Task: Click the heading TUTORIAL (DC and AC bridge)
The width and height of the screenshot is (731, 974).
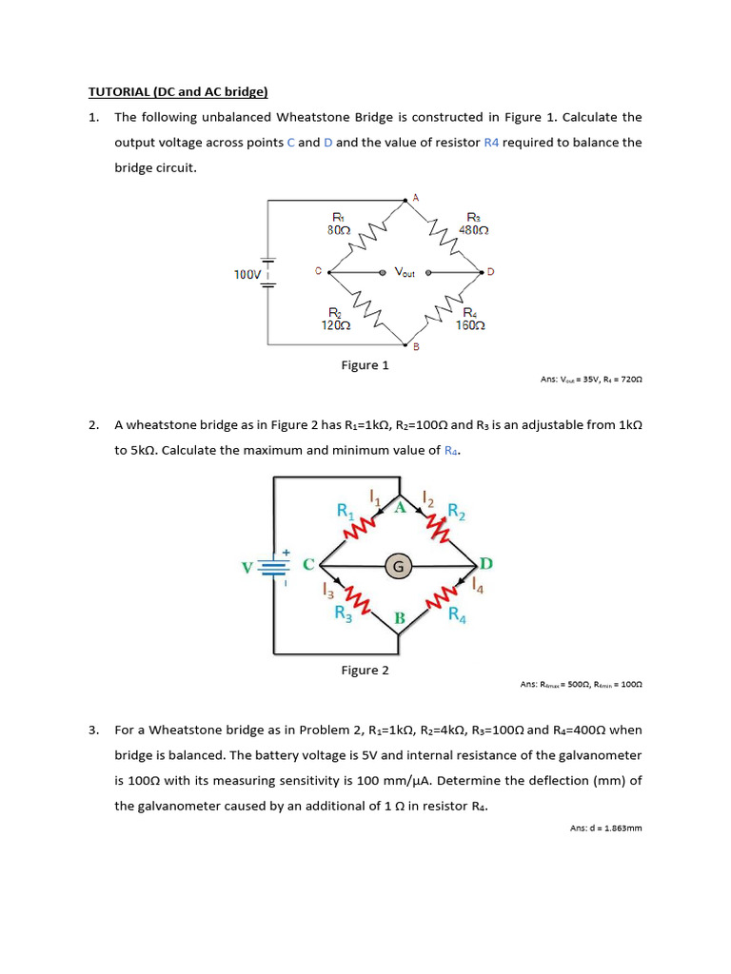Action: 178,92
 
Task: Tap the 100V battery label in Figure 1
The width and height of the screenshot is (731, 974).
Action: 247,275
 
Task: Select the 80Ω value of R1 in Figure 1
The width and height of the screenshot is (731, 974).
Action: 340,230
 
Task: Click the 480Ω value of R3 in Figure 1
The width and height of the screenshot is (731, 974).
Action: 474,230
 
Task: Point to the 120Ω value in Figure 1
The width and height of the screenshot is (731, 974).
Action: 336,325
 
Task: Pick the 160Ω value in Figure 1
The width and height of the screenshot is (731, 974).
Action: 470,325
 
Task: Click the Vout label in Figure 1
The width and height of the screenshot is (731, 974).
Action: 405,273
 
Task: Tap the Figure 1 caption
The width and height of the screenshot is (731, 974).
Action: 365,365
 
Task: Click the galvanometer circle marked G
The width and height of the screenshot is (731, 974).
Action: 398,567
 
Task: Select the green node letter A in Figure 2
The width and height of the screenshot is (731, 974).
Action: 401,508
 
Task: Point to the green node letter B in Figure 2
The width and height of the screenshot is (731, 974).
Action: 400,619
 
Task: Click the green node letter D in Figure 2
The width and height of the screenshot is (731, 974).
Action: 485,564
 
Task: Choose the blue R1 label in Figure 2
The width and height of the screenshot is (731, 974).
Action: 346,511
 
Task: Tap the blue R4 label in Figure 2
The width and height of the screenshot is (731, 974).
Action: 458,614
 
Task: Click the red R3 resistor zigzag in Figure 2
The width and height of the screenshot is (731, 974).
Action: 359,599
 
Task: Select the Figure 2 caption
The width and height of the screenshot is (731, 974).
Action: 365,671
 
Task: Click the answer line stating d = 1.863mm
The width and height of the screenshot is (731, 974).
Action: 606,828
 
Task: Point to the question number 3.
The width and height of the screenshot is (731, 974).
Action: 92,730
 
